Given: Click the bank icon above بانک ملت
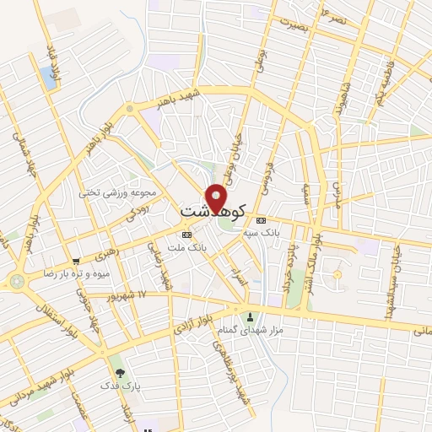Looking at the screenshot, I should [186, 235].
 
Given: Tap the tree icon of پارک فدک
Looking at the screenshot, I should [119, 371].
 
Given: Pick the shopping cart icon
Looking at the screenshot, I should [76, 262].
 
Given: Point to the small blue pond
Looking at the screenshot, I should [47, 78].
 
